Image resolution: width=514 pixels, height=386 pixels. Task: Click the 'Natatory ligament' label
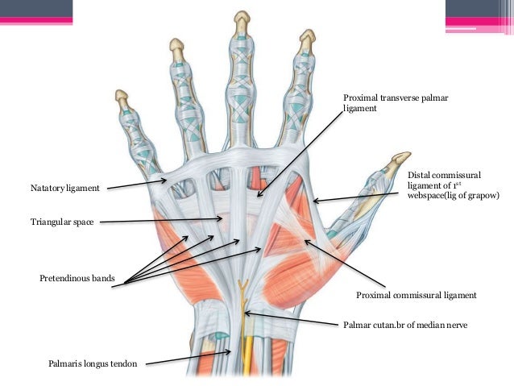coord(64,188)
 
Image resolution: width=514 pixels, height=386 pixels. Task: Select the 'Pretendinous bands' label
coord(77,279)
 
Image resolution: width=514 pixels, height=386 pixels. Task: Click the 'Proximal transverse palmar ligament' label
coord(395,103)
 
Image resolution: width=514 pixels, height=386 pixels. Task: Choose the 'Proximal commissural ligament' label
coord(417,296)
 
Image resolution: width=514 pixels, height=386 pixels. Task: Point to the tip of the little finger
coord(121,95)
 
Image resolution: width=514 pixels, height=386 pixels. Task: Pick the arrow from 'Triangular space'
coord(161,220)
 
